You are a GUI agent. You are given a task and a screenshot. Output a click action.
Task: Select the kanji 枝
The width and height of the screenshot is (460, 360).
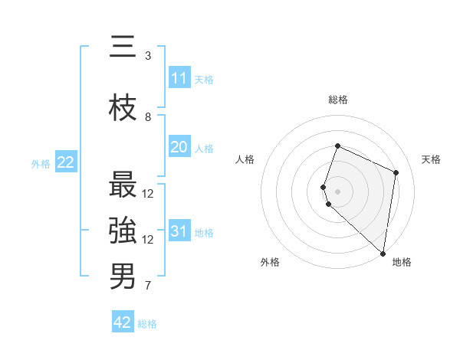click(x=123, y=109)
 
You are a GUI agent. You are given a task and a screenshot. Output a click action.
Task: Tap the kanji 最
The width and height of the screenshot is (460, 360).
click(x=123, y=185)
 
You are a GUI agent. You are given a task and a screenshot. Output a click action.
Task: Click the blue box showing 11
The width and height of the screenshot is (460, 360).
click(x=179, y=78)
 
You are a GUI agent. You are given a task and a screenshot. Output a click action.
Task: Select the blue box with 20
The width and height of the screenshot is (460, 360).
click(x=179, y=147)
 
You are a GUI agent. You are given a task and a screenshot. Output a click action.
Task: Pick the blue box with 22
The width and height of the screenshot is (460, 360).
click(x=65, y=162)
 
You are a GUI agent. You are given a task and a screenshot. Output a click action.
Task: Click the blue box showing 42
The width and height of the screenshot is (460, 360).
click(x=123, y=322)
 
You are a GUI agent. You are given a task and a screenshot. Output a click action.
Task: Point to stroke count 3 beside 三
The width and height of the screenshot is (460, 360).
click(x=148, y=56)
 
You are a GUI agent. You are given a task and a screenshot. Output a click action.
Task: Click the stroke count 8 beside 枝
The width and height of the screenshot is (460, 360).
click(x=148, y=117)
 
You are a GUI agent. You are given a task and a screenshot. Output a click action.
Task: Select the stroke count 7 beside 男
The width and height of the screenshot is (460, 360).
click(x=148, y=286)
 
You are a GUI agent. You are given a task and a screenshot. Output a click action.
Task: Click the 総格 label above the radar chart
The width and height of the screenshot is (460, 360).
click(x=338, y=100)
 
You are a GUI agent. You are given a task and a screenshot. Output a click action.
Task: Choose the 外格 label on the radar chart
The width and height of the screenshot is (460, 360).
click(x=270, y=262)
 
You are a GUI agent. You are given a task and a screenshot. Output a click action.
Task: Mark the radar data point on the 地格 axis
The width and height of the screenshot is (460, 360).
click(x=383, y=254)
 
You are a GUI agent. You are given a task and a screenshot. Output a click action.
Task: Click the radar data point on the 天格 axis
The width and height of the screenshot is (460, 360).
click(x=396, y=172)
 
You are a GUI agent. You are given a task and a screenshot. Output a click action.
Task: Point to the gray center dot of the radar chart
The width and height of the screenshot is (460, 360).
click(x=338, y=191)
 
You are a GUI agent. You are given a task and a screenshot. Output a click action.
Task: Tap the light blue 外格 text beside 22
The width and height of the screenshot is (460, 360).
click(x=40, y=163)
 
